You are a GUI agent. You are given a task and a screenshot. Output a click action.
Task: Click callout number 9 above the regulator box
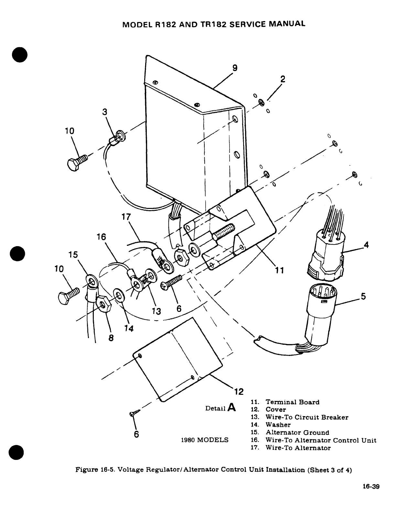[x=235, y=68]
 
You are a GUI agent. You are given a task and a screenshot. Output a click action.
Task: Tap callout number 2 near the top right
[x=283, y=79]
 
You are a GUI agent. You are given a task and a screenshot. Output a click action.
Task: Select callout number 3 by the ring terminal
[x=104, y=112]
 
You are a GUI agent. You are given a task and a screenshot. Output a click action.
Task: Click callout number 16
[x=101, y=237]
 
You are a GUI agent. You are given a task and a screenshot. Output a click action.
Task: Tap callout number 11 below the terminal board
[x=279, y=270]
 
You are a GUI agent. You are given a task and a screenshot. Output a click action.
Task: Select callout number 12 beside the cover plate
[x=239, y=392]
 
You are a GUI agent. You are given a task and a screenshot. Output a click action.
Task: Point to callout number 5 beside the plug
[x=363, y=296]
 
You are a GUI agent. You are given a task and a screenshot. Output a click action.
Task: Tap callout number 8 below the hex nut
[x=111, y=338]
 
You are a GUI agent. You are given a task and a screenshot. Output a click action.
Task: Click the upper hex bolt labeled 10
[x=77, y=161]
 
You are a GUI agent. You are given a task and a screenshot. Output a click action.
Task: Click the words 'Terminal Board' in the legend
[x=292, y=402]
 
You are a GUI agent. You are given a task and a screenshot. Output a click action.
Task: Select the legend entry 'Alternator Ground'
[x=297, y=433]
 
